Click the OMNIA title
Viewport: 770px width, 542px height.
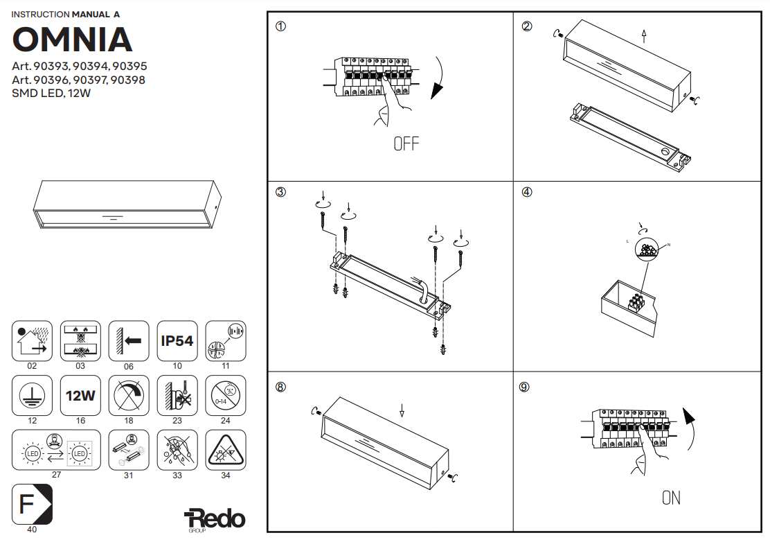tap(72, 40)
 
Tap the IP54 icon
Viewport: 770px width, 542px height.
tap(177, 341)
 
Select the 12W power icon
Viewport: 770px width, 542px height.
tap(80, 396)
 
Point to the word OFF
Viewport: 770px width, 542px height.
tap(406, 144)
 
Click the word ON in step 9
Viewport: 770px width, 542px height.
tap(671, 498)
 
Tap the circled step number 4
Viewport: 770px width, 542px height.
tap(527, 193)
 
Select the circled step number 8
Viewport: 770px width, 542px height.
tap(280, 387)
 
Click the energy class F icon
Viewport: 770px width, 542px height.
tap(32, 504)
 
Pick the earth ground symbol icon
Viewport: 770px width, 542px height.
tap(32, 396)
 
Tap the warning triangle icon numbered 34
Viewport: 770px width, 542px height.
tap(226, 450)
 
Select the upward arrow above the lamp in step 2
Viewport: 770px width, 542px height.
tap(644, 36)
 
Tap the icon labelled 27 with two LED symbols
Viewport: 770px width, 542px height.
tap(56, 450)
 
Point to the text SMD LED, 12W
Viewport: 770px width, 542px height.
tap(51, 94)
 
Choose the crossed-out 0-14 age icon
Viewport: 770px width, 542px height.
tap(226, 396)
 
